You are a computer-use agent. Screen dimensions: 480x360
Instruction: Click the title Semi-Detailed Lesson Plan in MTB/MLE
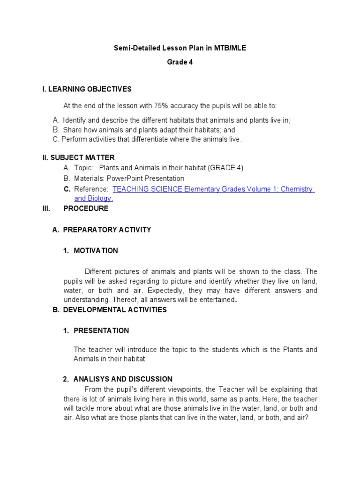[180, 48]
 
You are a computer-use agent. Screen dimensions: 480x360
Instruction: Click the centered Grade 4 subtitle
[180, 62]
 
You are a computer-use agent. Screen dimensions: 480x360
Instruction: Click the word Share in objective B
[72, 130]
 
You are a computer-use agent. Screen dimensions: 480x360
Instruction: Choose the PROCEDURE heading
[85, 209]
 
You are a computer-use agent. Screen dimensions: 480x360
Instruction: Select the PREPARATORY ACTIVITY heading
[107, 230]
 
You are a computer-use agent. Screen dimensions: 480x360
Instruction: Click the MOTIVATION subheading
[96, 251]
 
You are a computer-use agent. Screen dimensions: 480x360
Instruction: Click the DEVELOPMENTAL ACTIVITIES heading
[115, 310]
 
